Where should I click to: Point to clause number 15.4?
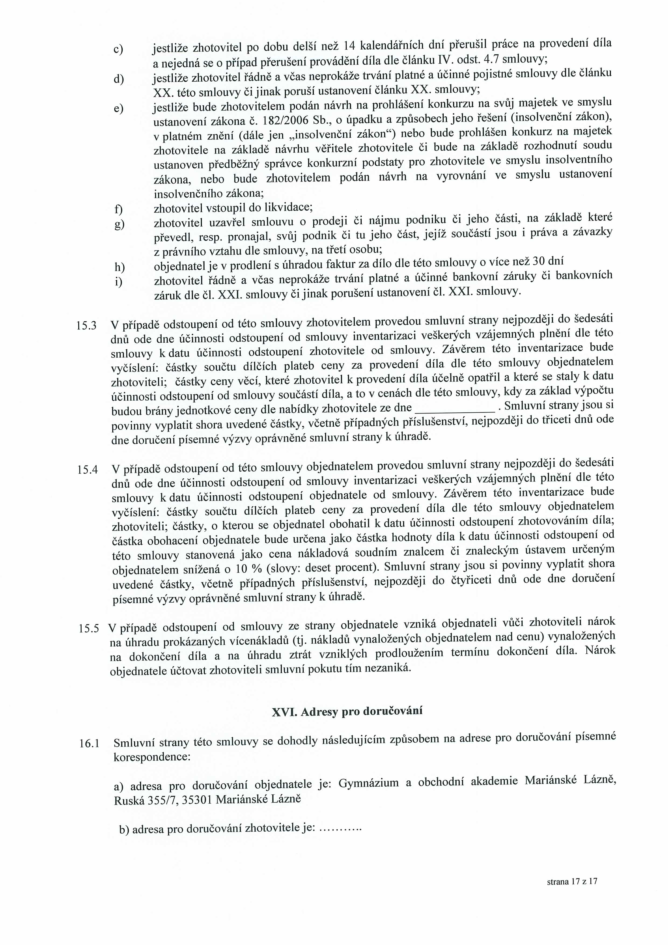tap(87, 470)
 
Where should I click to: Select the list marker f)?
tap(118, 210)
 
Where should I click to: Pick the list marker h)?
tap(119, 267)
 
